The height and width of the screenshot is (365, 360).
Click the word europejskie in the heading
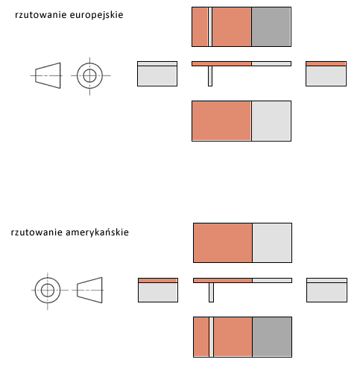click(96, 15)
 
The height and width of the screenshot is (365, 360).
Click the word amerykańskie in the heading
click(97, 232)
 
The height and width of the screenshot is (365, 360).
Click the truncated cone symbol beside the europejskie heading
click(48, 75)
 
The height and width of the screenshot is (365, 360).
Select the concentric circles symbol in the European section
click(89, 75)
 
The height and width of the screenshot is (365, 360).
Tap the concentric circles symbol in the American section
click(48, 290)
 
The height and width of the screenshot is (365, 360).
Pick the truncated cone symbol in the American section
click(89, 290)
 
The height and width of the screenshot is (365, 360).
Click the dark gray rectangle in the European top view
click(271, 27)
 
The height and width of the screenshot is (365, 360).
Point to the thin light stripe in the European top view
click(210, 27)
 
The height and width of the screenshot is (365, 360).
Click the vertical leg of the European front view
click(210, 76)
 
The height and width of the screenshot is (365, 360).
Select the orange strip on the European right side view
click(326, 64)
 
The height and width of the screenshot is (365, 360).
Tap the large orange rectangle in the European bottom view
click(221, 121)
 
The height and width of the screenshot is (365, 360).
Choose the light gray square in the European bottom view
click(271, 121)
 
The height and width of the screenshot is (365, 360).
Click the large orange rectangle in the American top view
click(223, 243)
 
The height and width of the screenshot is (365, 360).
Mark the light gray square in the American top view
click(272, 243)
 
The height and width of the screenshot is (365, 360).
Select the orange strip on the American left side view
click(158, 281)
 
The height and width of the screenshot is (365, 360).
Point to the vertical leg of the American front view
click(211, 293)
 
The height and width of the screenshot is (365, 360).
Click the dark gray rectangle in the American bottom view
click(272, 337)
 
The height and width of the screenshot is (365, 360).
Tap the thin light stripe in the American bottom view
click(211, 337)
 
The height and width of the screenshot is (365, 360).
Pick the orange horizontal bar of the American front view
click(223, 281)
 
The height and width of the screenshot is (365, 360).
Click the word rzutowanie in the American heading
click(37, 232)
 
